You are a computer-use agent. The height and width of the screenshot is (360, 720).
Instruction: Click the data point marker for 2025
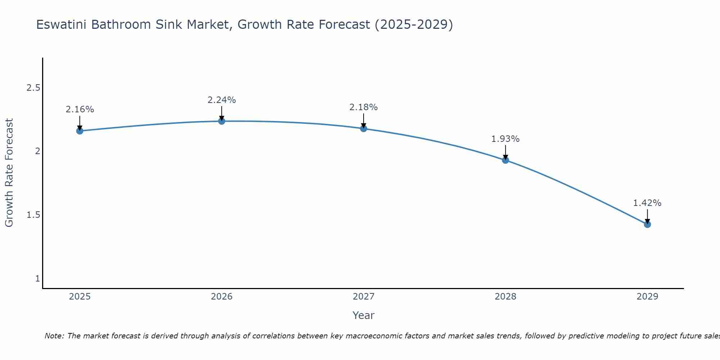(80, 131)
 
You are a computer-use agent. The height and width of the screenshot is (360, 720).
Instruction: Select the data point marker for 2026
(222, 121)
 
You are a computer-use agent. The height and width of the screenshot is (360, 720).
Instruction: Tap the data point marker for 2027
(364, 129)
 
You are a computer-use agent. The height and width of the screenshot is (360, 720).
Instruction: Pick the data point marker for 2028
(505, 160)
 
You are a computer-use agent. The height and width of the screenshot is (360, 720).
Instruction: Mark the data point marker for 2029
(647, 224)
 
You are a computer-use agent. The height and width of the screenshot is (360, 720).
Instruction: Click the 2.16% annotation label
(80, 109)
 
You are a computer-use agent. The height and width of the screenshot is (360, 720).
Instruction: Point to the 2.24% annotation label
(222, 100)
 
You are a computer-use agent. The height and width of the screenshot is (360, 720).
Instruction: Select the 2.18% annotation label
(364, 107)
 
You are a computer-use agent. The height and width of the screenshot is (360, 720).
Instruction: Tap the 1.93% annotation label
(505, 139)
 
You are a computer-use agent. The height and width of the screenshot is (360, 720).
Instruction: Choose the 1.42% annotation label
(647, 203)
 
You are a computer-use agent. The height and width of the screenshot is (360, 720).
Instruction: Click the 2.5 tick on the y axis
(33, 88)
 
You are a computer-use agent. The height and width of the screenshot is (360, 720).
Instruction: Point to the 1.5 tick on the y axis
(33, 215)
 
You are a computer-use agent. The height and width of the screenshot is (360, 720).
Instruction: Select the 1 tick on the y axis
(37, 279)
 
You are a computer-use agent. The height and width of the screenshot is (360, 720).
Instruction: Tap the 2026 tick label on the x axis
(222, 297)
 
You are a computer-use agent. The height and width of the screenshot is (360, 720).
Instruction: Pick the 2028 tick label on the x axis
(505, 297)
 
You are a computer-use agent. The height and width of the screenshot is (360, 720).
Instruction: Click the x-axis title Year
(364, 315)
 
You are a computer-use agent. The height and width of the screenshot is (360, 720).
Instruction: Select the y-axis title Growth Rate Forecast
(9, 173)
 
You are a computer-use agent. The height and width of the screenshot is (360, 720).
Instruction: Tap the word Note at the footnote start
(54, 336)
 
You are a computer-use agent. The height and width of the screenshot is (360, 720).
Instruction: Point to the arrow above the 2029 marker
(647, 216)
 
